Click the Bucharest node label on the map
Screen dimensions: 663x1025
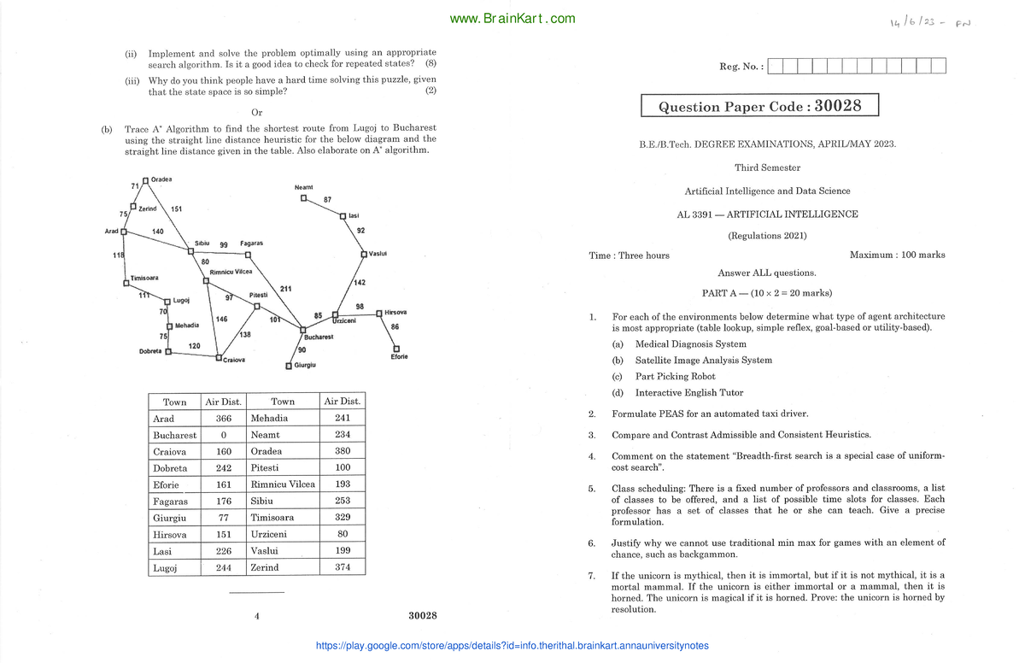click(x=318, y=337)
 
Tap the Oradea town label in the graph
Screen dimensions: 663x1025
click(x=161, y=179)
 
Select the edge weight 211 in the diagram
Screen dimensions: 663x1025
click(x=285, y=289)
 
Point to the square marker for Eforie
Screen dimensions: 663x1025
click(x=395, y=348)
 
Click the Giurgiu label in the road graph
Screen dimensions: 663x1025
click(x=305, y=365)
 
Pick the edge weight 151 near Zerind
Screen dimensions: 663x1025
click(x=176, y=209)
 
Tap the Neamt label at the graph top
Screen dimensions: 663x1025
click(x=304, y=187)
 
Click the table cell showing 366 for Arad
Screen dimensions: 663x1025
click(x=223, y=419)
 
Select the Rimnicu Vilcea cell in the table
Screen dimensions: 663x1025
click(x=283, y=484)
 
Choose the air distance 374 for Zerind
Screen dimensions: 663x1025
click(x=343, y=567)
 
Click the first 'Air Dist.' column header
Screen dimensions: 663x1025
click(x=223, y=402)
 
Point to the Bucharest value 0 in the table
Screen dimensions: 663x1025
click(x=223, y=435)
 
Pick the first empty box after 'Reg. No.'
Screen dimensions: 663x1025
click(x=775, y=66)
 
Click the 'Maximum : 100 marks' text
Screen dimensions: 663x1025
click(x=897, y=255)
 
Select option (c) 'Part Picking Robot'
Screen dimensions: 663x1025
click(x=675, y=376)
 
